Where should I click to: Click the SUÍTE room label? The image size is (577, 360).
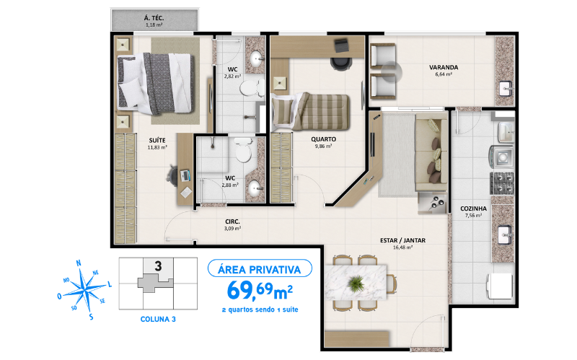(157, 141)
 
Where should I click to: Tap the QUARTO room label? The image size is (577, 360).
(322, 140)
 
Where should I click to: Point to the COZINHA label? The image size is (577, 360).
(474, 208)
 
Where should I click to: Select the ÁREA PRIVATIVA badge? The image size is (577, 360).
(260, 269)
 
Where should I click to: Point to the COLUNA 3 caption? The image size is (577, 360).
(157, 317)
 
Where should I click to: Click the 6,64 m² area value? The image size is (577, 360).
(443, 74)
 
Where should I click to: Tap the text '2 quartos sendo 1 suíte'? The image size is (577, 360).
(260, 309)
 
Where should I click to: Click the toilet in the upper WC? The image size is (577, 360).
(247, 88)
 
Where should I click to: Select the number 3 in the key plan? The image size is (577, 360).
(157, 265)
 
